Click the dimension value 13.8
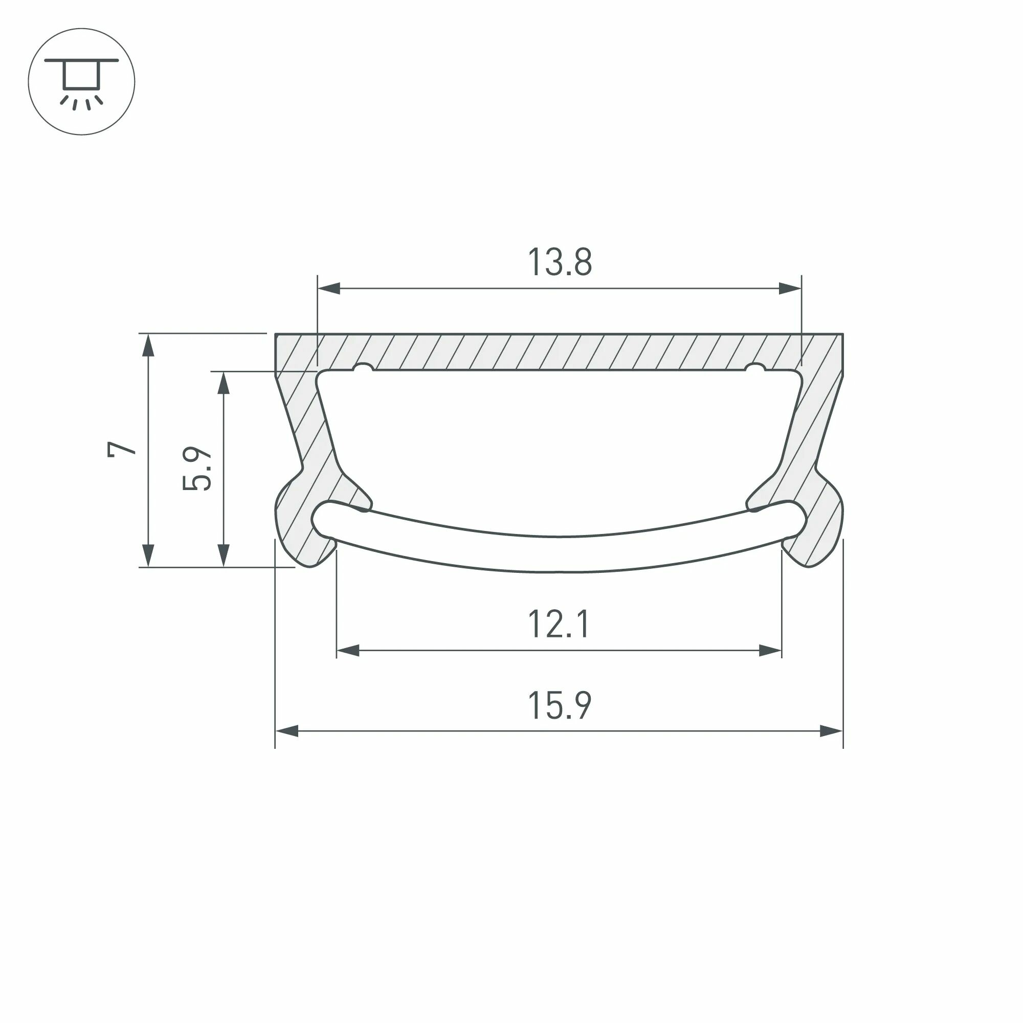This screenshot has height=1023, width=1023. pyautogui.click(x=560, y=261)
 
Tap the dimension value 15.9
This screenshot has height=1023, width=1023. pyautogui.click(x=559, y=706)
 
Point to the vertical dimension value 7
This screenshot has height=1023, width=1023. pyautogui.click(x=122, y=449)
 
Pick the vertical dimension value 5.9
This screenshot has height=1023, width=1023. pyautogui.click(x=197, y=468)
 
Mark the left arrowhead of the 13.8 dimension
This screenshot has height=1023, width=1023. pyautogui.click(x=329, y=288)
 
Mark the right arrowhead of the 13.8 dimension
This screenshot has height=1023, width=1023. pyautogui.click(x=790, y=288)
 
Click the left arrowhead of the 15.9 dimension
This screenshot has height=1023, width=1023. pyautogui.click(x=287, y=731)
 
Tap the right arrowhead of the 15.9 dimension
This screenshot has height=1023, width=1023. pyautogui.click(x=831, y=731)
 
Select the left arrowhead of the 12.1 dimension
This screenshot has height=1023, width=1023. pyautogui.click(x=348, y=650)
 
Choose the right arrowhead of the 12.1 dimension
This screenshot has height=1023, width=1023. pyautogui.click(x=770, y=650)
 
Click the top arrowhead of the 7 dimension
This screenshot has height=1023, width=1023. pyautogui.click(x=149, y=345)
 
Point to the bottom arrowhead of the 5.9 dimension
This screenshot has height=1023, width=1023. pyautogui.click(x=224, y=555)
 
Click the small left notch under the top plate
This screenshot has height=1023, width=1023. pyautogui.click(x=363, y=367)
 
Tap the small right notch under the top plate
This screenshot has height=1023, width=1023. pyautogui.click(x=754, y=367)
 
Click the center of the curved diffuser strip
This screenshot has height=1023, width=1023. pyautogui.click(x=559, y=554)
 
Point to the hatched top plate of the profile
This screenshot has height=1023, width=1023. pyautogui.click(x=559, y=351)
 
